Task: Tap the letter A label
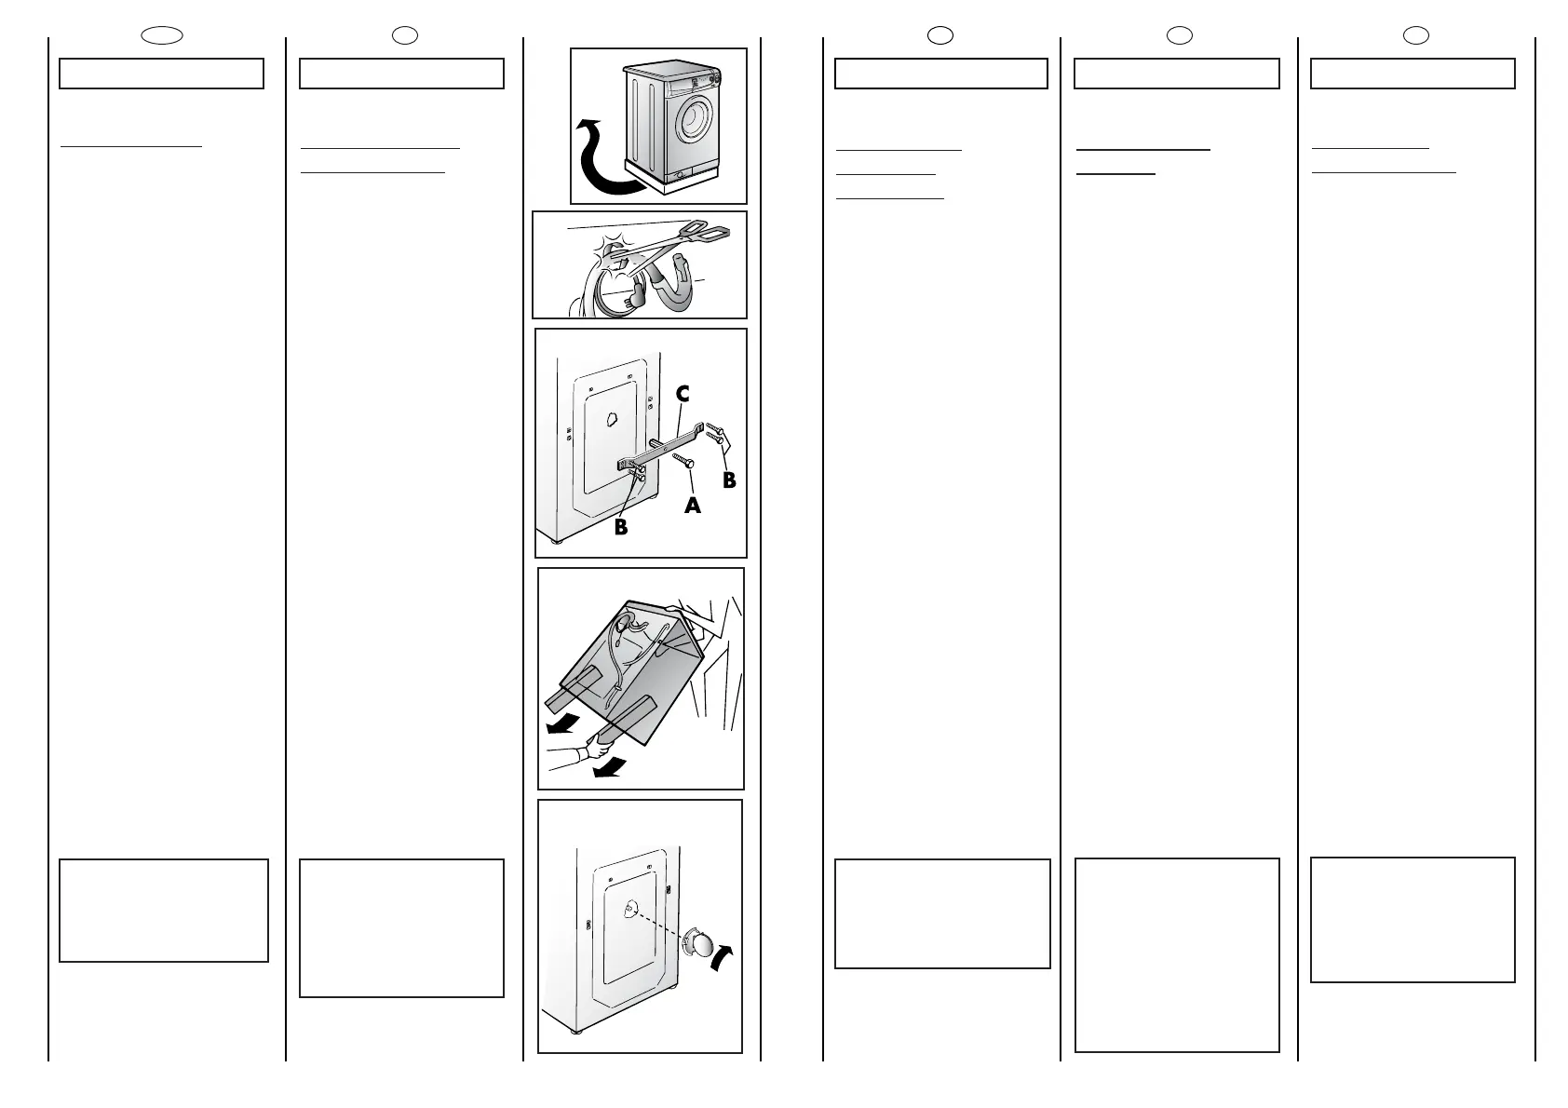pos(692,505)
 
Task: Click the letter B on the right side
pos(729,480)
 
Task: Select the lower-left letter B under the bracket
pos(620,527)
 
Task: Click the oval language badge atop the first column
pos(162,36)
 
